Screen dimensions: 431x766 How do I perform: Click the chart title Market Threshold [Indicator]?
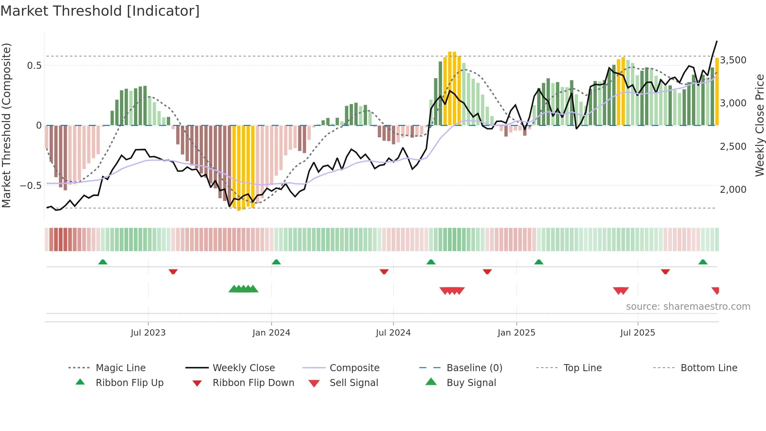click(x=100, y=11)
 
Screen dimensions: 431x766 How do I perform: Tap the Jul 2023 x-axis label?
click(x=148, y=333)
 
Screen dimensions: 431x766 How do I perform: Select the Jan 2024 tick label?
click(x=271, y=333)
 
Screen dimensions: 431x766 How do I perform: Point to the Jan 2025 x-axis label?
click(x=516, y=333)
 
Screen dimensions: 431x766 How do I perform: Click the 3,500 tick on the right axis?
click(x=733, y=60)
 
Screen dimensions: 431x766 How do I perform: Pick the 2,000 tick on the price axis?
click(x=733, y=189)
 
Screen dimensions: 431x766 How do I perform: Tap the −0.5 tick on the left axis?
click(x=31, y=185)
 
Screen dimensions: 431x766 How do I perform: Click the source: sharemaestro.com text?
click(x=688, y=307)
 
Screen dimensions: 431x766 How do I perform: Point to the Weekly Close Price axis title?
click(x=759, y=125)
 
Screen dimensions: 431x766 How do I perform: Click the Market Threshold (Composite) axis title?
click(x=6, y=125)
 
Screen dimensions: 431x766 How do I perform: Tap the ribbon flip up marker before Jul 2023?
click(x=103, y=262)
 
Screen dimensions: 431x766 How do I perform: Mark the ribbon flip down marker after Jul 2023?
click(x=173, y=271)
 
